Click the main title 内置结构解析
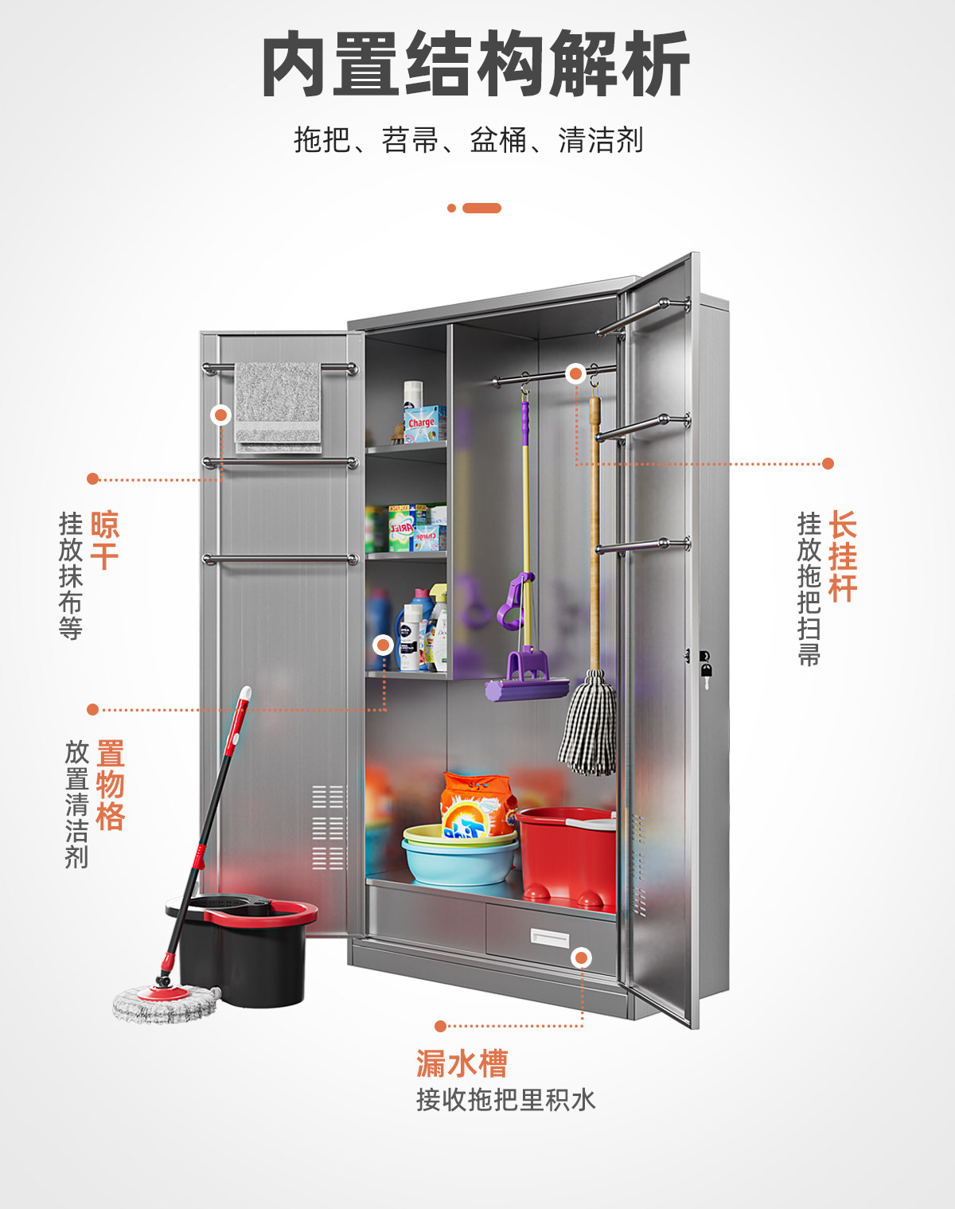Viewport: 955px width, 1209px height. [x=476, y=64]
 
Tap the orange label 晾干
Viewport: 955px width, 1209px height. [x=104, y=540]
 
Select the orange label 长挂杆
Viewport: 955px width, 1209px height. [x=843, y=556]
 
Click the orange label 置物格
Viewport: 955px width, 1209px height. [x=111, y=785]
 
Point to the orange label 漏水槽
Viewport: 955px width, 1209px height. [x=462, y=1063]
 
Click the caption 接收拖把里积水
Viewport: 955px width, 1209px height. [x=505, y=1100]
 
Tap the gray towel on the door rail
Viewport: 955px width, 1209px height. [x=278, y=407]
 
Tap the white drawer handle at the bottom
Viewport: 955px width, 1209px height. [x=550, y=938]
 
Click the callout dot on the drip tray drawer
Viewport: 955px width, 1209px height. [x=582, y=957]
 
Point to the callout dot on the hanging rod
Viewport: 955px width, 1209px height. [x=575, y=373]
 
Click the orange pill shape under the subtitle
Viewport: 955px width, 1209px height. [x=481, y=209]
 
